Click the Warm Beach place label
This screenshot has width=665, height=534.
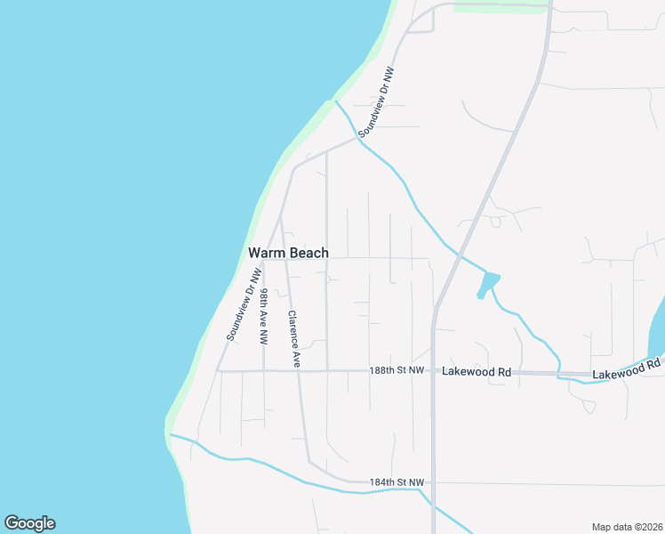[x=288, y=254]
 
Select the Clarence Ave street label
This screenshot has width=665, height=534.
[x=293, y=339]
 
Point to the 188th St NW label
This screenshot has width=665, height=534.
[x=397, y=371]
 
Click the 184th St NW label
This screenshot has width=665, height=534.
[x=397, y=482]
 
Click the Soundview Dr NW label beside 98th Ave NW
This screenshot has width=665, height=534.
[x=242, y=309]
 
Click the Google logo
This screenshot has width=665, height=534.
[x=29, y=523]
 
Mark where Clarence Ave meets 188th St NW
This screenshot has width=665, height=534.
[x=299, y=370]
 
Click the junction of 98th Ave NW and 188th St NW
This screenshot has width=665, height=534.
[x=264, y=370]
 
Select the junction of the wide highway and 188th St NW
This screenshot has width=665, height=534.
[x=433, y=371]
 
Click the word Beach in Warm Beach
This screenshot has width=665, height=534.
[x=308, y=254]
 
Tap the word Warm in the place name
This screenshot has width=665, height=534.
[x=266, y=254]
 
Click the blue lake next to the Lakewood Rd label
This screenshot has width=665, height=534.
[x=659, y=329]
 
